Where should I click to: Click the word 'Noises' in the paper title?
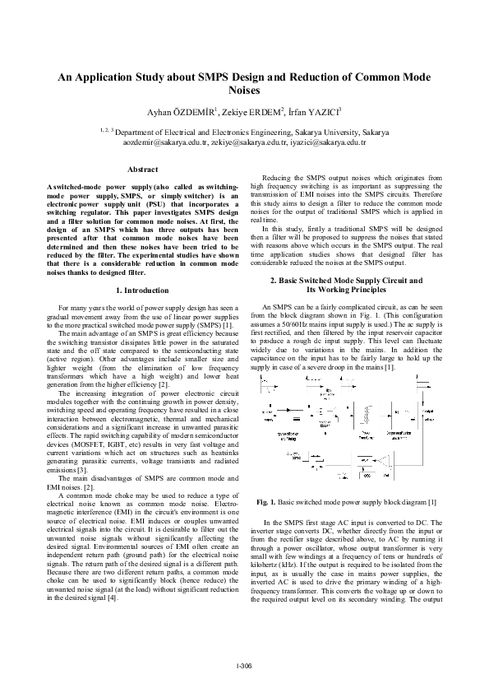click(244, 91)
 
